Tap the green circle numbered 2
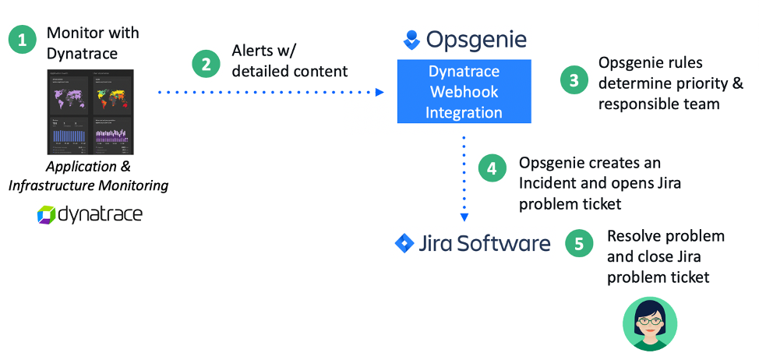tap(206, 64)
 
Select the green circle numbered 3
tap(574, 80)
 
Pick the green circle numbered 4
tap(492, 168)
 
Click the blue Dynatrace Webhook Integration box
tap(464, 92)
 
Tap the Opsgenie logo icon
tap(411, 39)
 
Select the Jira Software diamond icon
tap(404, 243)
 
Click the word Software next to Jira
tap(504, 243)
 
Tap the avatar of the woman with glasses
tap(650, 323)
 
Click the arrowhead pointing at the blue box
tap(380, 92)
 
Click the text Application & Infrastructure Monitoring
tap(88, 176)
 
